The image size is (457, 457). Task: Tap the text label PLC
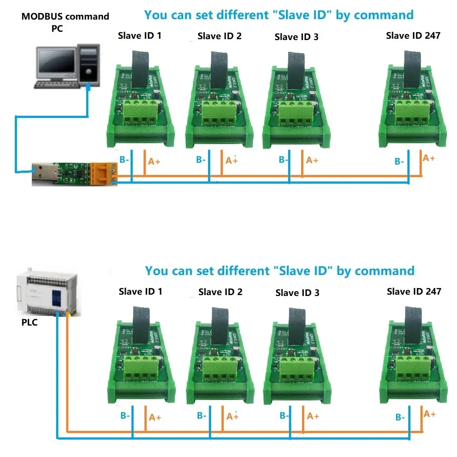(x=29, y=323)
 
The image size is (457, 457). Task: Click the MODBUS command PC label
(x=65, y=22)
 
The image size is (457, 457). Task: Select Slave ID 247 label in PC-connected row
(x=413, y=36)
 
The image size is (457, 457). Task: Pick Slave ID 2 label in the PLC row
(x=220, y=292)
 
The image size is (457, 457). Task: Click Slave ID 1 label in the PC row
(x=140, y=36)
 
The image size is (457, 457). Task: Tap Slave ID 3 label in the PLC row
(x=297, y=293)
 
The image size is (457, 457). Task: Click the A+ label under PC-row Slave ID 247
(x=429, y=158)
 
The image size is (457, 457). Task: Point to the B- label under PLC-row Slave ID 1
(x=125, y=416)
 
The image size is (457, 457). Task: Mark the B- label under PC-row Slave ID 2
(x=201, y=160)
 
